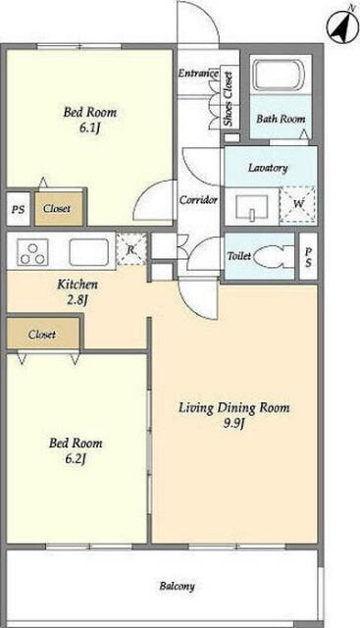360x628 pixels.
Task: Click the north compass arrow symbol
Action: coord(341,26)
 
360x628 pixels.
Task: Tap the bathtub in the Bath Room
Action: coord(280,75)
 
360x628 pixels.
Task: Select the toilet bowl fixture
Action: coord(274,256)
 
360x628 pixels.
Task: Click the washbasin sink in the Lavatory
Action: coord(251,207)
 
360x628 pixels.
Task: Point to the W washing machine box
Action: coord(297,204)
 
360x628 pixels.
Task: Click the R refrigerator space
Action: coord(131,249)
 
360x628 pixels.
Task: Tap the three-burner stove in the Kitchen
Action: coord(32,252)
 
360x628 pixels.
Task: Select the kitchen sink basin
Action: coord(88,252)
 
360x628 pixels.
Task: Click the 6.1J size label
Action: coord(89,130)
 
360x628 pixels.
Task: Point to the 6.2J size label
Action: coord(76,458)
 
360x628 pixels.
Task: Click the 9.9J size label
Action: coord(233,423)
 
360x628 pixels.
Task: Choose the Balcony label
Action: coord(177,586)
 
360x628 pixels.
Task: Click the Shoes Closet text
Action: coord(229,98)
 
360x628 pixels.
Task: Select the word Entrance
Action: coord(198,74)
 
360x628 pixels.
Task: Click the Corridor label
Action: coord(198,199)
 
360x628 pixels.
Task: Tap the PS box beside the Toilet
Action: coord(308,257)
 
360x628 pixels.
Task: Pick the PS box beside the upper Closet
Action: coord(18,209)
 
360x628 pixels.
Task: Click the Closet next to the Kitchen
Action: coord(43,334)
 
